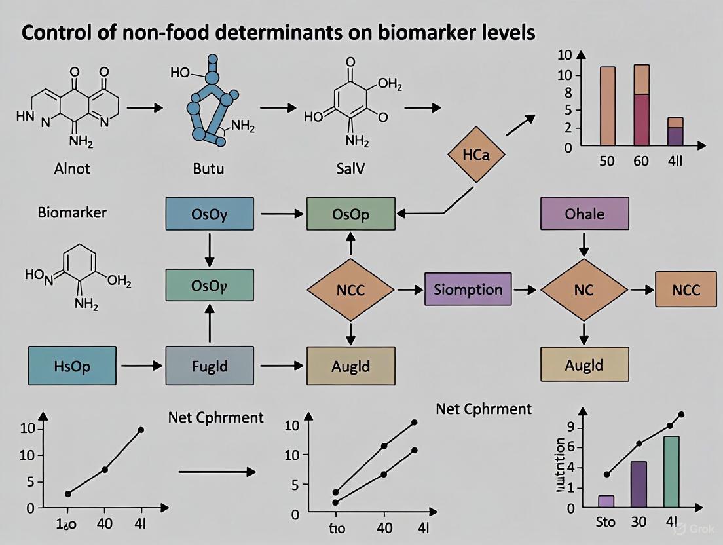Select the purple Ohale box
[x=584, y=214]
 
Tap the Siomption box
[x=468, y=290]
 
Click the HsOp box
[x=72, y=366]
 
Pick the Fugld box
[x=210, y=366]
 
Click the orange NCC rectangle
[x=686, y=290]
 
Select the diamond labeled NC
[x=584, y=290]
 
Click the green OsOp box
[x=350, y=214]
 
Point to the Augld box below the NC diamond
[x=584, y=364]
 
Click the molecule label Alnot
[x=72, y=168]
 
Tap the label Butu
[x=208, y=168]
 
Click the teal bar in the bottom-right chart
[x=671, y=472]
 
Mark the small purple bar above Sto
[x=606, y=501]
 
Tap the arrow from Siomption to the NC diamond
[x=524, y=290]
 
